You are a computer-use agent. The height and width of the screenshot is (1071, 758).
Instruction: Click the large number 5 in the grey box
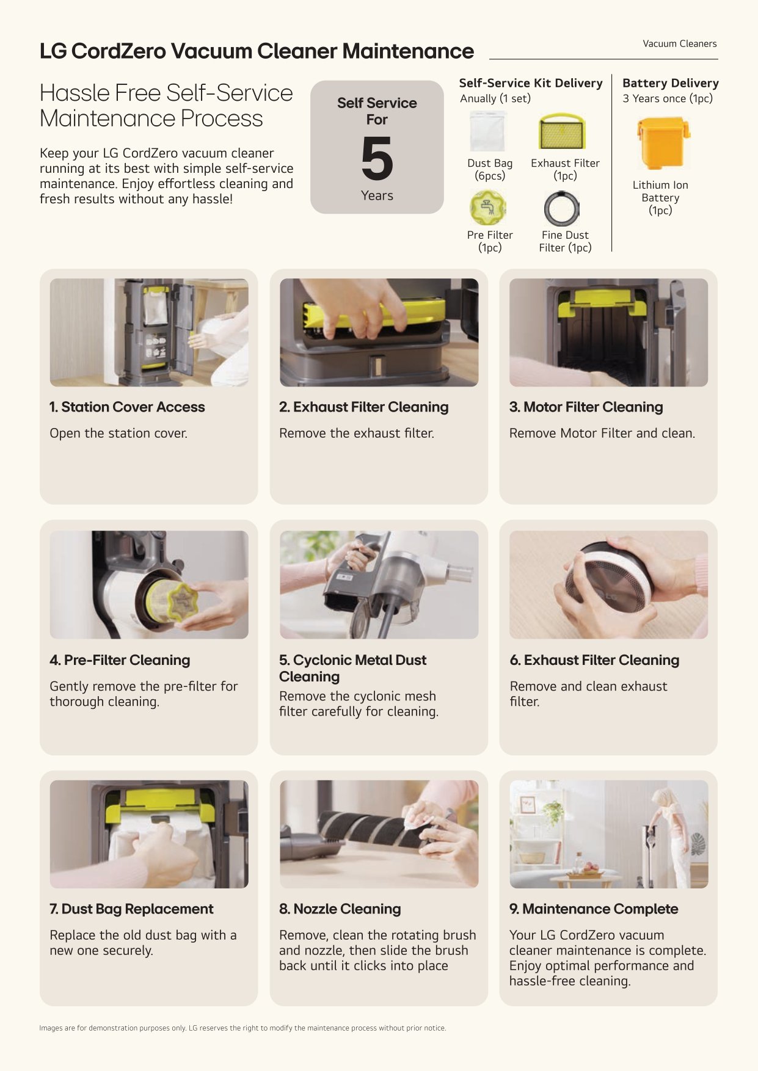point(377,158)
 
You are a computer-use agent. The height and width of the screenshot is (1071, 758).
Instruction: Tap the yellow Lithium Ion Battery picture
point(663,144)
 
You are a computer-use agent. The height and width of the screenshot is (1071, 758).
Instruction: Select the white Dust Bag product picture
point(487,131)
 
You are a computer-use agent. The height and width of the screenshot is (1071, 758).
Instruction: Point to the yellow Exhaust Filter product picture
point(562,131)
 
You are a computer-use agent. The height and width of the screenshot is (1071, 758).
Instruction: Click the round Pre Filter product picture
point(487,208)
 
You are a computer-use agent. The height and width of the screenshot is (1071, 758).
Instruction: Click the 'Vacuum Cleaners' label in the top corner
point(679,44)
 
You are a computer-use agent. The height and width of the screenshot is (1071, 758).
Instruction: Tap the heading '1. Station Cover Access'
point(127,407)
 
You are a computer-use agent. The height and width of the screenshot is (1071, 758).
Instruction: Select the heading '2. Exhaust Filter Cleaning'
point(364,407)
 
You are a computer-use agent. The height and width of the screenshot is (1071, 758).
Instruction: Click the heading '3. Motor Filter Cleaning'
point(586,407)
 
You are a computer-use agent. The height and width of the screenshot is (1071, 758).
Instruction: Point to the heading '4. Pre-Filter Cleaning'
point(120,660)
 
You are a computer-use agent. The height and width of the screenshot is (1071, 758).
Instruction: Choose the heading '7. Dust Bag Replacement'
point(131,909)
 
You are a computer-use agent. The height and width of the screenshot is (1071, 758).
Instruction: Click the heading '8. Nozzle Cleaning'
point(340,909)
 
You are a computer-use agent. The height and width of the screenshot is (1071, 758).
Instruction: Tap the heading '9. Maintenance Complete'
point(594,909)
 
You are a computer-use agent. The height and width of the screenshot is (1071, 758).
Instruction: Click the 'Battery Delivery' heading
point(671,83)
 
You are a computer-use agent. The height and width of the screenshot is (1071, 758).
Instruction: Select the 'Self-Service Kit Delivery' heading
point(531,83)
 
